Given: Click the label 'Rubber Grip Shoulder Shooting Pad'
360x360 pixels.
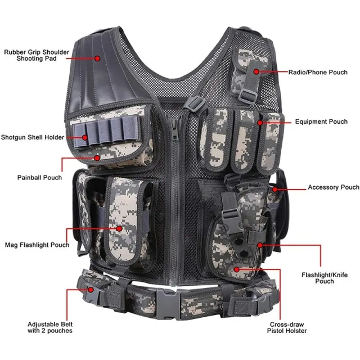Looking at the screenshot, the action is [x=37, y=55].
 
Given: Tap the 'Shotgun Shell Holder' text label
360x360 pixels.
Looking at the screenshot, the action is [x=32, y=137].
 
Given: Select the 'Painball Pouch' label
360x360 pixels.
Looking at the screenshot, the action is [x=39, y=178].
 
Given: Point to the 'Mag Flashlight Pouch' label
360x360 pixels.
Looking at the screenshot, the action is [x=37, y=245].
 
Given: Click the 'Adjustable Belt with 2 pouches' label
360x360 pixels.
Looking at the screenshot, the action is [x=50, y=327].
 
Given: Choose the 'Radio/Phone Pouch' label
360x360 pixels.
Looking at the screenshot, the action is [x=318, y=72].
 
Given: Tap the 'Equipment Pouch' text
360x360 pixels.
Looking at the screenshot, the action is [x=321, y=121].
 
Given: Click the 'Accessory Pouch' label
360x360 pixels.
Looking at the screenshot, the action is [x=333, y=187].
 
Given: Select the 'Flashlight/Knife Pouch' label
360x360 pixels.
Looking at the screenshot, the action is [x=325, y=278].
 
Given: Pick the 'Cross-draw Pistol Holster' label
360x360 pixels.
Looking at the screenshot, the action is [x=288, y=327].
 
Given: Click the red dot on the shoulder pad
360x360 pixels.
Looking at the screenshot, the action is [x=97, y=58].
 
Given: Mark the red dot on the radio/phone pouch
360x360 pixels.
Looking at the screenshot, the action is [x=256, y=71].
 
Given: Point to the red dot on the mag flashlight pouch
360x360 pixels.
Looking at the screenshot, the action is [x=119, y=229].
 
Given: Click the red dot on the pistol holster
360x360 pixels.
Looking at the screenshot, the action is [x=237, y=269].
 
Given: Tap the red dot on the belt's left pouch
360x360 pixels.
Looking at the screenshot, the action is [x=90, y=290].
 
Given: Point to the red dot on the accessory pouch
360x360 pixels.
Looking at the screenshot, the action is [x=274, y=190].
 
